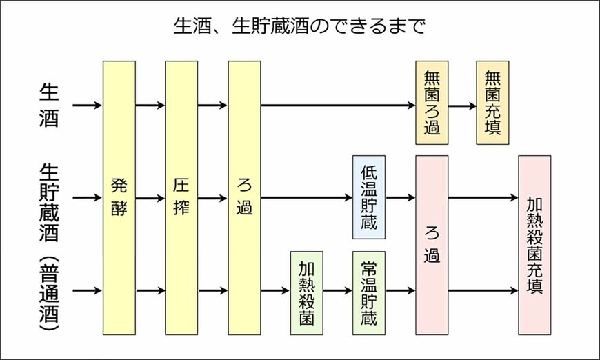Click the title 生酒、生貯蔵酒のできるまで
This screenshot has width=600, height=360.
point(299,28)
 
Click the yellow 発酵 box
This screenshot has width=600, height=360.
point(119,197)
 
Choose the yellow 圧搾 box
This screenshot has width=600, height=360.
point(181,197)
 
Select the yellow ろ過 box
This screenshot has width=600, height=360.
point(244,197)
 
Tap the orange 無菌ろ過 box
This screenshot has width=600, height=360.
point(432,103)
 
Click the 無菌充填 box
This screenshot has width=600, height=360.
point(493,103)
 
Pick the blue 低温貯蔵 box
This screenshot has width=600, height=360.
point(369,197)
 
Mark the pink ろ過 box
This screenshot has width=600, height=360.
point(432,245)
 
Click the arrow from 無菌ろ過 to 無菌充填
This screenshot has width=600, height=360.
point(462,106)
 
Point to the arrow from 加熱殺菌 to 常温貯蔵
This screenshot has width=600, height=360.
point(338,291)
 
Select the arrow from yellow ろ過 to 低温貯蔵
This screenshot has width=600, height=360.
point(306,198)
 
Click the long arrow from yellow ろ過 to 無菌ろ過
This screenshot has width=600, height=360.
point(338,106)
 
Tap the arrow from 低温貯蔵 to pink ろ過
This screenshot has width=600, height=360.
point(401,198)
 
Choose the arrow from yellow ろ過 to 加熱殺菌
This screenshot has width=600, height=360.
point(276,291)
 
